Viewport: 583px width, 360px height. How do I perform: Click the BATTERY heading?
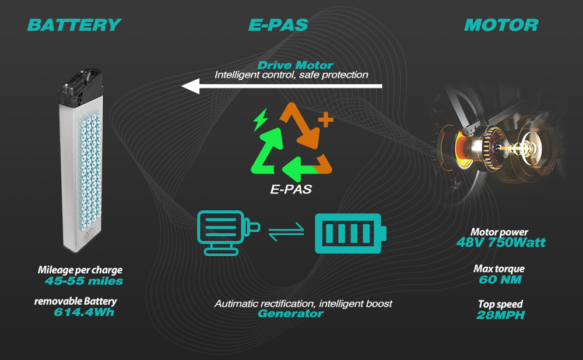74,25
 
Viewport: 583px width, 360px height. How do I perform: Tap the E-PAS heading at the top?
278,25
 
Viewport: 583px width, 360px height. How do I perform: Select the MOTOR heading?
501,25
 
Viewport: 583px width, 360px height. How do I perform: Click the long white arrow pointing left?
282,86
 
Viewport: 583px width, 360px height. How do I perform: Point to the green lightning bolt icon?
260,119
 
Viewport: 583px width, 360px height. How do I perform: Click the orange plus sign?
326,119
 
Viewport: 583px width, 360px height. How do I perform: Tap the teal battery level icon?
350,234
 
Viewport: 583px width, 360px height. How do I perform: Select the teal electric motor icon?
228,233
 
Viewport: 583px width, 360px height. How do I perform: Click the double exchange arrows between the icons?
286,232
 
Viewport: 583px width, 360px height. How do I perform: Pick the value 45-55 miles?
83,281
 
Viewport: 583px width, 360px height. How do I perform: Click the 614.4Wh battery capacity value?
84,312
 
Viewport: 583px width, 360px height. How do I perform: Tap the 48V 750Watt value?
501,242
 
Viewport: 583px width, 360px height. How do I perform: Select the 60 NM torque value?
500,280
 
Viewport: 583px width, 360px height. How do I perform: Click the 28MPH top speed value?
500,315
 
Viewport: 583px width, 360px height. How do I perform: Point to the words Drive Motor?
295,65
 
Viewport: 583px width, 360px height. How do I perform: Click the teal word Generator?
290,313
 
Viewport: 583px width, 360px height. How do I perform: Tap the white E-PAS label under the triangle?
291,189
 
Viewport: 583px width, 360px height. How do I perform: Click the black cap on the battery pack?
80,86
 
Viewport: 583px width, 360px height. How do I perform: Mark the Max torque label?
499,269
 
